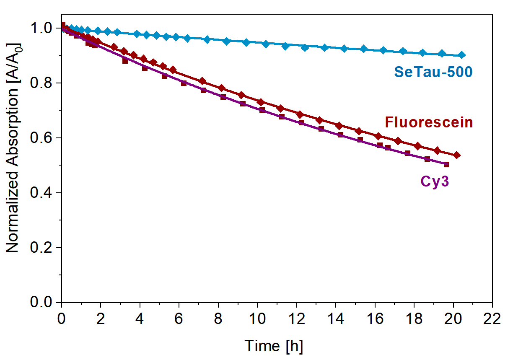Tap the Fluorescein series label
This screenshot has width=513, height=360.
(429, 122)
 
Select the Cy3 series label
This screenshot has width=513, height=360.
(434, 182)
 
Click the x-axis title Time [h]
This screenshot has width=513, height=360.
(274, 346)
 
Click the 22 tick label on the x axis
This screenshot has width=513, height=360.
(492, 319)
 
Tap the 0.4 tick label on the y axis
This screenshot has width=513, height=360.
(41, 193)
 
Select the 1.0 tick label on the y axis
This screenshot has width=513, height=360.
(41, 28)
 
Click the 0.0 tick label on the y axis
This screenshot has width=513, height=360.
(41, 303)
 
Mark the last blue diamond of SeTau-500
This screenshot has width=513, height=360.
(461, 55)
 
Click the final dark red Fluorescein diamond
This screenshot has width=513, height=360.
(457, 155)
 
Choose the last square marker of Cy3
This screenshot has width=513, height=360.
(446, 164)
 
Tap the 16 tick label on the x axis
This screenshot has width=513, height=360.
(375, 319)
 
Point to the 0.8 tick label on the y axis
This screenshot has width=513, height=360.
(41, 83)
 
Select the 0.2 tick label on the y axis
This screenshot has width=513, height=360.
(41, 248)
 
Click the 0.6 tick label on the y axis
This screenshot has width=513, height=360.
(41, 138)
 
